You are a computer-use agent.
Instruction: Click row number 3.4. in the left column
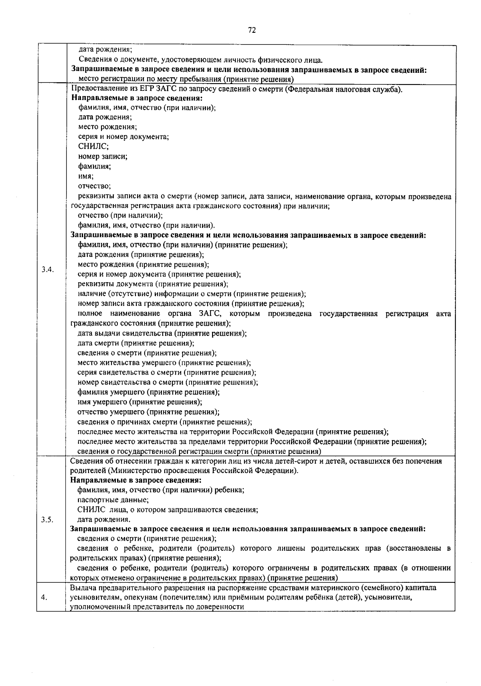47,269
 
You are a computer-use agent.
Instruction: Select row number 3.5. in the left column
47,520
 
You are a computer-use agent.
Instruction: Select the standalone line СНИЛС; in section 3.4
91,146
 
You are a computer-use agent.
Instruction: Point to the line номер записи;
103,156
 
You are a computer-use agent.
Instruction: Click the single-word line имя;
86,176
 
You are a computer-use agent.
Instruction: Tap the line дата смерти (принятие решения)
136,343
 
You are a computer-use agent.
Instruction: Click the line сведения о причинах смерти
164,422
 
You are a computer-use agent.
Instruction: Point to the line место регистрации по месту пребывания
186,79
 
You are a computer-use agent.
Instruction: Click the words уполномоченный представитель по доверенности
157,607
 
